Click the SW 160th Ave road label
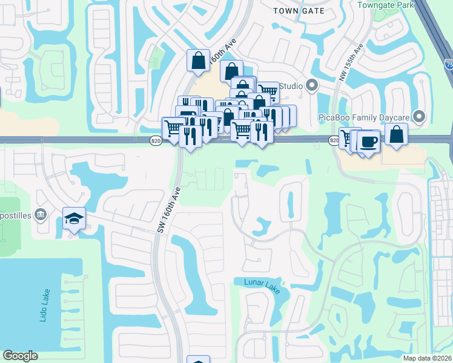[168, 209]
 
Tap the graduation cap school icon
[74, 218]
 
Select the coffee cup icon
[368, 142]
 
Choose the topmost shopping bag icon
[198, 60]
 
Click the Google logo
[20, 356]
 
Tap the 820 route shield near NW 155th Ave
[334, 140]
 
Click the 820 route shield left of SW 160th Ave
[156, 140]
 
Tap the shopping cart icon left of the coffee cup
[349, 138]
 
